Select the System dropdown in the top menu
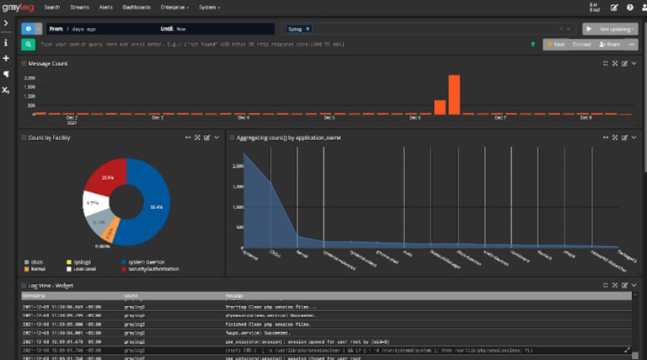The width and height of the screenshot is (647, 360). pyautogui.click(x=210, y=7)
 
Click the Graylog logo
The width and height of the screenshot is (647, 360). pyautogui.click(x=19, y=7)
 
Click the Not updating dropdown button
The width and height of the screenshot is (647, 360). pyautogui.click(x=610, y=28)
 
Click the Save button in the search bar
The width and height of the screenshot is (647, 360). pyautogui.click(x=555, y=44)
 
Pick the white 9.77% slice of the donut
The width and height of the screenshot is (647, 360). pyautogui.click(x=94, y=204)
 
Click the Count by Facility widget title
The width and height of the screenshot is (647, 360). pyautogui.click(x=49, y=137)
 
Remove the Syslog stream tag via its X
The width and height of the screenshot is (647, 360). pyautogui.click(x=307, y=29)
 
